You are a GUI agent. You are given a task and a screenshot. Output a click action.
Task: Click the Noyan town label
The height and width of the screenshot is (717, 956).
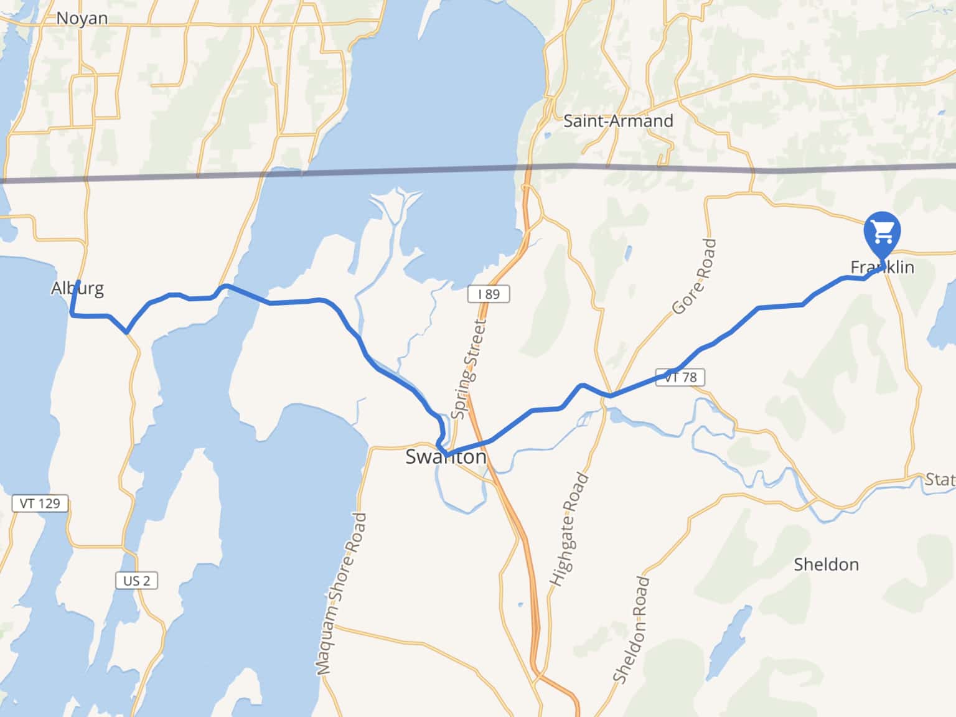click(x=82, y=19)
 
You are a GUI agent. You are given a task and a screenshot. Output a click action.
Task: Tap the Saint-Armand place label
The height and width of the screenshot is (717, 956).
click(x=618, y=121)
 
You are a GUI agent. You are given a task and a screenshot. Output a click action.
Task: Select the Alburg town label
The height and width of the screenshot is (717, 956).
click(x=77, y=288)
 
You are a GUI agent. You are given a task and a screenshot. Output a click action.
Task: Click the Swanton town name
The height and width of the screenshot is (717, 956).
click(x=446, y=457)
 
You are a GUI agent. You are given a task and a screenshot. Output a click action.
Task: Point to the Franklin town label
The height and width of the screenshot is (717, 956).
click(x=882, y=268)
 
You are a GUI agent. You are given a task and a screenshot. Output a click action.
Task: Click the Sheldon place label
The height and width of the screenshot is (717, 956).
click(x=826, y=565)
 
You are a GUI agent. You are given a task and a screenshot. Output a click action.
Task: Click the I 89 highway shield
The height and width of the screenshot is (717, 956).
click(x=489, y=294)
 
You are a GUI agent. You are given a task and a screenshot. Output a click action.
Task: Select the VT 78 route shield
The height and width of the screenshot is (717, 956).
click(x=680, y=377)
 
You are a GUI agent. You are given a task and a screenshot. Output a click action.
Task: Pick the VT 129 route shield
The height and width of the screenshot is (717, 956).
click(x=40, y=503)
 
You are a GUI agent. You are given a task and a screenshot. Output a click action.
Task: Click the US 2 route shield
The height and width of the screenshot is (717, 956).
click(x=136, y=581)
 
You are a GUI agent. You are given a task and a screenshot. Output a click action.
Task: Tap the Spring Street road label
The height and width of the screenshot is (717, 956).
click(x=468, y=368)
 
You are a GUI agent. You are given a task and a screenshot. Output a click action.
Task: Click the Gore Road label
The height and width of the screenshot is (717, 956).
click(x=695, y=276)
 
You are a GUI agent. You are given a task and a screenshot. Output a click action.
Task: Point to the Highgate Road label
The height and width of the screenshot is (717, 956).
click(x=568, y=529)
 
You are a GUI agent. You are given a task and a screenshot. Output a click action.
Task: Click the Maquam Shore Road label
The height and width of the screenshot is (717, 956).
click(x=341, y=594)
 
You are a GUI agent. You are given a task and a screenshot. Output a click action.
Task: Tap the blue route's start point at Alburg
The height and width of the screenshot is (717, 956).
click(x=78, y=283)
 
